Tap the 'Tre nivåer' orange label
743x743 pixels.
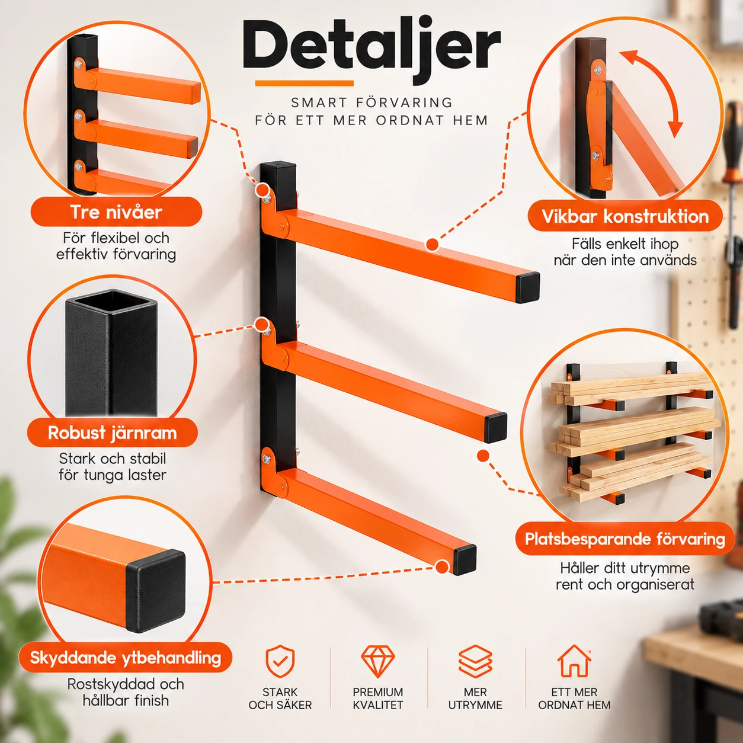coord(116,212)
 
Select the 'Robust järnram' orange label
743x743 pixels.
coord(112,433)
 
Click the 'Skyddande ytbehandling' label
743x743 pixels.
coord(125,658)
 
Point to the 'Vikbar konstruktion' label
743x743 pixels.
coord(624,216)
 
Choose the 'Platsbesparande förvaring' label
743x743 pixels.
coord(624,539)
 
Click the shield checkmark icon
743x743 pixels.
coord(280,662)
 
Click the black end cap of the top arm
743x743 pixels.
coord(527,287)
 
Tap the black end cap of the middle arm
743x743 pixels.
coord(495,428)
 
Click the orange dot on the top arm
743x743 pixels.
coord(433,245)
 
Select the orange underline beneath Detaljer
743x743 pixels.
coord(304,84)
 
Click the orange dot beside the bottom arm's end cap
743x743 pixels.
coord(442,567)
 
